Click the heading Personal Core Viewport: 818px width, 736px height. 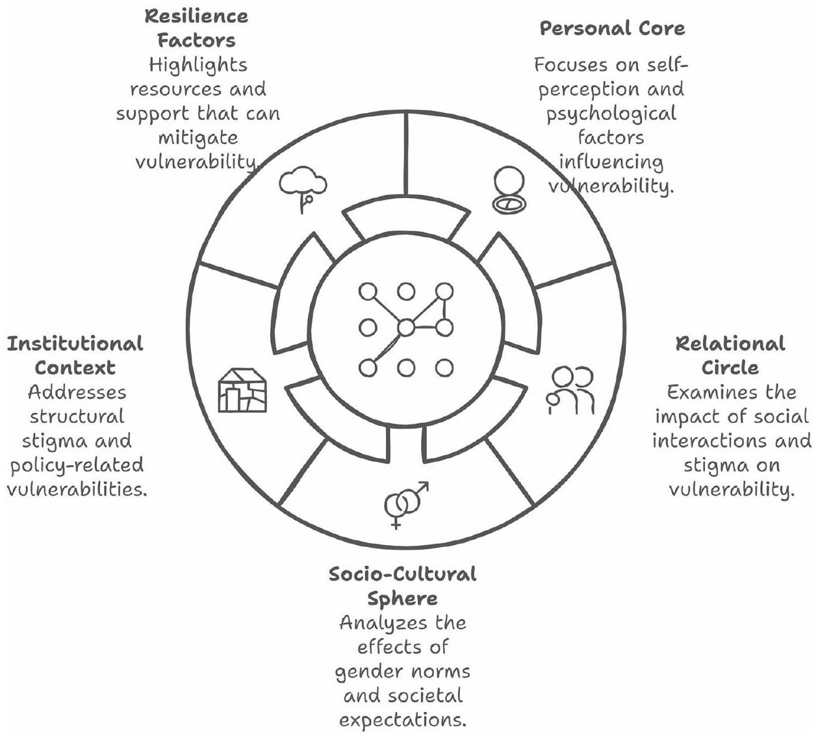[612, 29]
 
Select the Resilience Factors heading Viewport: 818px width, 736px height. [197, 28]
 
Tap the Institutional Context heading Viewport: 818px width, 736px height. [75, 355]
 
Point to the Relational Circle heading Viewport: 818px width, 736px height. [730, 355]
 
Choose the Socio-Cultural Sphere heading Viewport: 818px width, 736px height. [402, 586]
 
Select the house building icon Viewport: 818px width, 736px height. [242, 390]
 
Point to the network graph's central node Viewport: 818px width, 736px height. [405, 328]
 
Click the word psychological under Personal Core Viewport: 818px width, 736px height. [611, 114]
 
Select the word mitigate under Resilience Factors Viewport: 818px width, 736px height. [197, 138]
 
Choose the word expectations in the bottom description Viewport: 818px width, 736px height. [403, 720]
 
